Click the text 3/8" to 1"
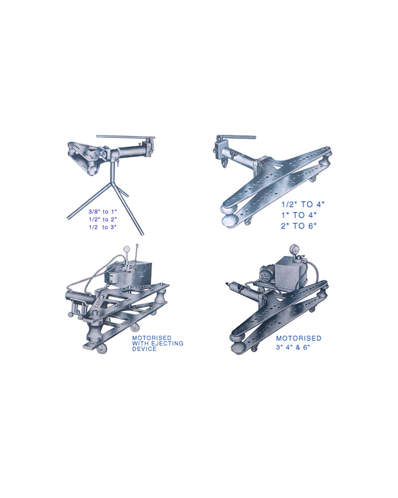point(102,212)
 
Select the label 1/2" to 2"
point(102,220)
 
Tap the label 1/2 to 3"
point(102,228)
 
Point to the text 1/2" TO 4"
point(303,204)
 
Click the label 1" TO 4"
point(298,215)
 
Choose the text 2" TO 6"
point(298,226)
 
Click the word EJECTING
point(167,343)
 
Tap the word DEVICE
point(144,349)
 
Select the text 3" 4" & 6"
point(293,347)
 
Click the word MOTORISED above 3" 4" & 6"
point(298,338)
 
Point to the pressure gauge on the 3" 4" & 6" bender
point(293,249)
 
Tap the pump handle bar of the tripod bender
point(126,137)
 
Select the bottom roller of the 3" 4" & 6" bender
point(239,348)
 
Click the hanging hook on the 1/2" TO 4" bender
point(225,164)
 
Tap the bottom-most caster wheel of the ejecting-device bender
point(101,349)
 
